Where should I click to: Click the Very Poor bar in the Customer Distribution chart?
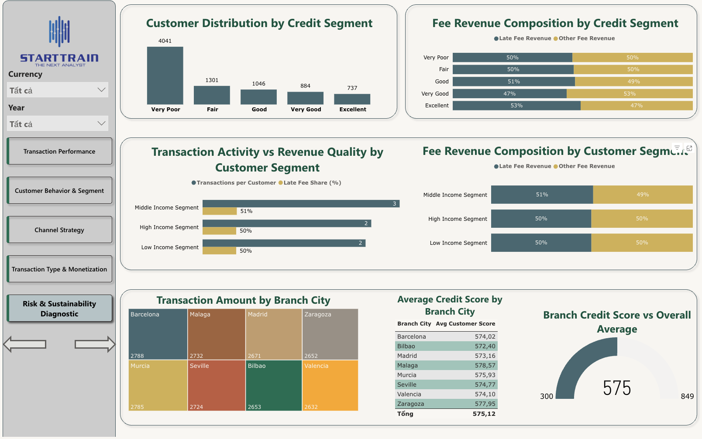(165, 75)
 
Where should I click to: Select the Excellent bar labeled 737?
(352, 99)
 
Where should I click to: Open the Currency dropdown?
(58, 90)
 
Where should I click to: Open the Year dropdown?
(58, 124)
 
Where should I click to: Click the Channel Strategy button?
(60, 230)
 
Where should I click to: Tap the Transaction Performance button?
(60, 151)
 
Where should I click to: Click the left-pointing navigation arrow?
(25, 344)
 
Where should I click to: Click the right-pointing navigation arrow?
(95, 344)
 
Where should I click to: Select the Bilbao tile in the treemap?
(273, 385)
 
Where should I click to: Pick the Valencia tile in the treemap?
(330, 385)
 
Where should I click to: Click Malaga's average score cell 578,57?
(485, 365)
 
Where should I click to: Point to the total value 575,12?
(484, 414)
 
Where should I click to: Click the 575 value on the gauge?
(617, 388)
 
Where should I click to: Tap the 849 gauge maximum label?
(687, 396)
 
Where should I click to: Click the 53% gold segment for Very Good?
(629, 93)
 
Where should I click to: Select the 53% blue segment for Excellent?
(516, 106)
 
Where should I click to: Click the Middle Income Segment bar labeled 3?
(301, 204)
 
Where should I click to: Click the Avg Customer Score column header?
(465, 324)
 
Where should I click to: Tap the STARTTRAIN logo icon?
(59, 32)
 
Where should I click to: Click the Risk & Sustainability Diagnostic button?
(60, 309)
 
